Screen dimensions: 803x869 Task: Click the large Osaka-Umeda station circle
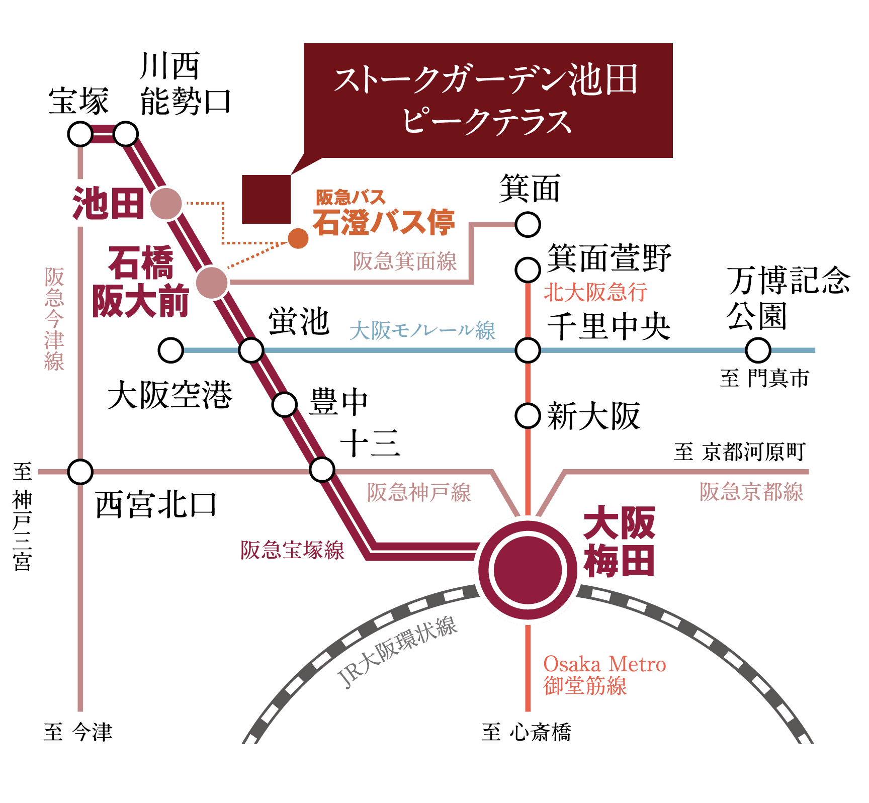[x=528, y=570]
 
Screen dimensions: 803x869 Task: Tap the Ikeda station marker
[x=166, y=204]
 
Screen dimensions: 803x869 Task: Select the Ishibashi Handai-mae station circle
[x=212, y=283]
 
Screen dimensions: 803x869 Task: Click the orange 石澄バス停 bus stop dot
[x=298, y=238]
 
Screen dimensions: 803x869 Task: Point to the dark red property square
[x=267, y=199]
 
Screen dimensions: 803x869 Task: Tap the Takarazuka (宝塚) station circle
[x=80, y=134]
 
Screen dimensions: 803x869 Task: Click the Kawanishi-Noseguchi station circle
[x=126, y=134]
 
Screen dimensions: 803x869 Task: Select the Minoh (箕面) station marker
[x=528, y=224]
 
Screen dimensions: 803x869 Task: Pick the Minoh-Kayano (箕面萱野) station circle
[x=528, y=270]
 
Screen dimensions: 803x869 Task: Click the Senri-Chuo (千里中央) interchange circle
[x=528, y=350]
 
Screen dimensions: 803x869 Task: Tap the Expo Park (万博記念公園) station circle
[x=758, y=350]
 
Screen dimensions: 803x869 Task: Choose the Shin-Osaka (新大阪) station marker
[x=528, y=416]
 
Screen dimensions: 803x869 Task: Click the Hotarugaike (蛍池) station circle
[x=251, y=350]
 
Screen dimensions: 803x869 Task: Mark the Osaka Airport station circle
[x=170, y=350]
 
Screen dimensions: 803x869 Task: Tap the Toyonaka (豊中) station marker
[x=285, y=404]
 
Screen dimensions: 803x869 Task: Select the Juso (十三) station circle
[x=322, y=470]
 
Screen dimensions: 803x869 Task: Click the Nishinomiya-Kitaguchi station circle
[x=80, y=472]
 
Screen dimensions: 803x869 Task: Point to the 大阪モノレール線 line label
[x=422, y=330]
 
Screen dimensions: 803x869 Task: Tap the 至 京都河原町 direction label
[x=739, y=452]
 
